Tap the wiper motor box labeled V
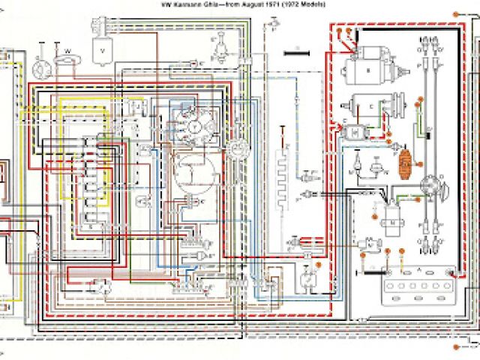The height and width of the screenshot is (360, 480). [100, 52]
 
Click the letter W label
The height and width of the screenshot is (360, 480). [67, 51]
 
